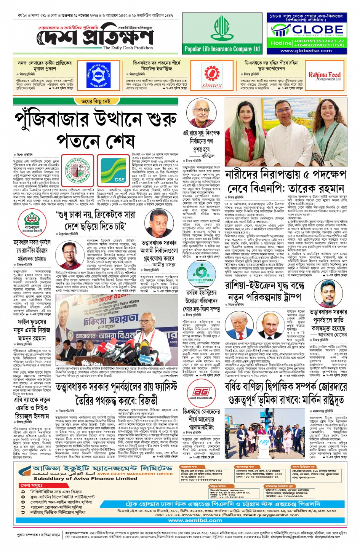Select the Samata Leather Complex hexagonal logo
98,75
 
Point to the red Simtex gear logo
212,72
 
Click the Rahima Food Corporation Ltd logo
324,76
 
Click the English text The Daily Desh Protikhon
128,48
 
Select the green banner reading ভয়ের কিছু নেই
95,101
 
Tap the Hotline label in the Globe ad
281,43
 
